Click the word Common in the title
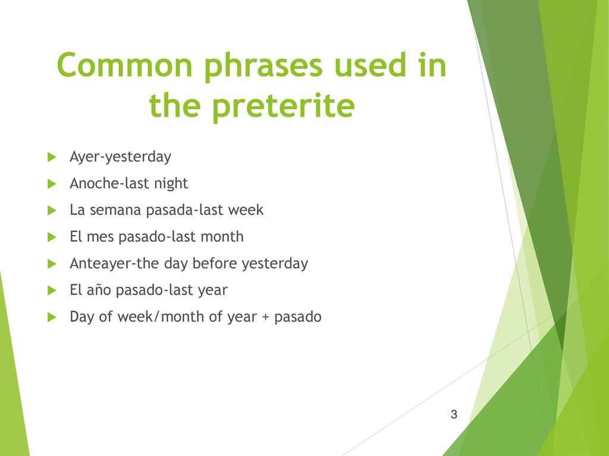[125, 65]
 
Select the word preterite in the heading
[284, 106]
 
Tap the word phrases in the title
[263, 66]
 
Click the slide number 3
[454, 414]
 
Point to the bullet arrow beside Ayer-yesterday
[52, 157]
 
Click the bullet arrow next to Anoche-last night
[52, 184]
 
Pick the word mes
[100, 237]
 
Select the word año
[99, 290]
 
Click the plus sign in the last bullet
[265, 317]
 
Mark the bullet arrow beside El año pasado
[52, 290]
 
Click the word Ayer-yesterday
[120, 157]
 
